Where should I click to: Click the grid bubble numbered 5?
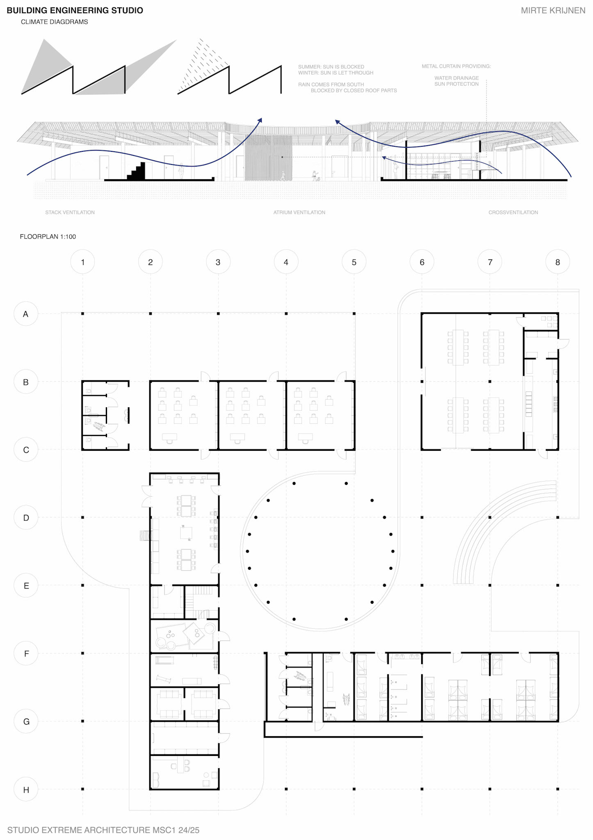pos(354,262)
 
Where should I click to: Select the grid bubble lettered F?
pos(26,653)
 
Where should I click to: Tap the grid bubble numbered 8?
pos(558,262)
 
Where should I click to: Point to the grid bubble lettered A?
pos(26,314)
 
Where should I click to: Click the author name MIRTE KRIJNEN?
pos(553,11)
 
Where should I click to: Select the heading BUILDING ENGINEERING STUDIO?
pos(75,11)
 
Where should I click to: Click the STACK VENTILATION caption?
pos(70,212)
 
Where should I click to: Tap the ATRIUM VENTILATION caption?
pos(299,212)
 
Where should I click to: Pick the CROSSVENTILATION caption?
pos(513,212)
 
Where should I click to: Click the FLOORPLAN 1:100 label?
pos(48,237)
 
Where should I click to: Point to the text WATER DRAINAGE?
pos(456,78)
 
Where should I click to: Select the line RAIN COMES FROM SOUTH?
pos(331,84)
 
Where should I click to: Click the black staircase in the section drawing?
pos(137,171)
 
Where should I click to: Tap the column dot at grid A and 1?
pos(82,314)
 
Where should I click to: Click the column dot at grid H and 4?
pos(286,789)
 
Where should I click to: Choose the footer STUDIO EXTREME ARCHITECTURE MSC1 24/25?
pos(103,830)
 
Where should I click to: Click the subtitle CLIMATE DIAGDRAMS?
pos(55,22)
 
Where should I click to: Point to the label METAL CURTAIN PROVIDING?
pos(456,66)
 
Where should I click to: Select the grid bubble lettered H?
pos(26,790)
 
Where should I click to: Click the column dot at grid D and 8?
pos(558,518)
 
